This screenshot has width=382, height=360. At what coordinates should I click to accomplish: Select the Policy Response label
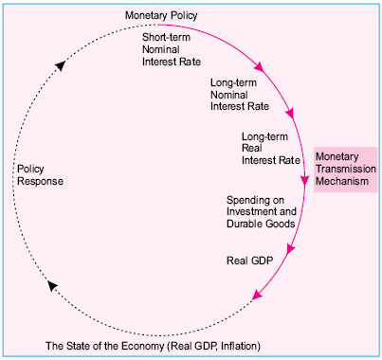pyautogui.click(x=40, y=173)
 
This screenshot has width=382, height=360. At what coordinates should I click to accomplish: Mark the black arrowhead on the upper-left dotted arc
pyautogui.click(x=60, y=64)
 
